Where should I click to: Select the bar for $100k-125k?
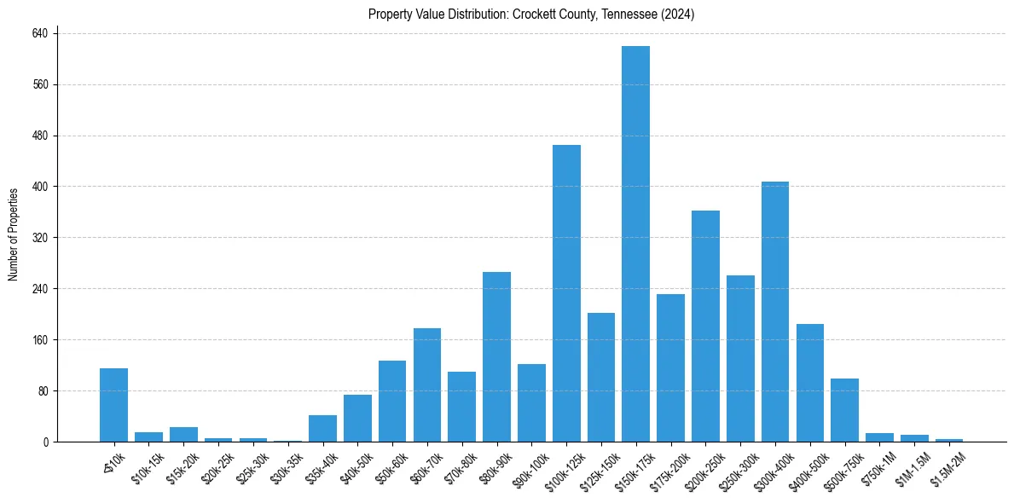[x=566, y=293]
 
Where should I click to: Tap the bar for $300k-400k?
[x=775, y=311]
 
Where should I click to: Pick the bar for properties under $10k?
[x=113, y=405]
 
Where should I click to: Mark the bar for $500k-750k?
[x=844, y=410]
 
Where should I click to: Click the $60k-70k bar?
[x=427, y=384]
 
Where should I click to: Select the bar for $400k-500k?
[x=809, y=383]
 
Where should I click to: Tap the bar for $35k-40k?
[x=322, y=428]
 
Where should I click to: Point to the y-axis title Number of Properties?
[x=14, y=234]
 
